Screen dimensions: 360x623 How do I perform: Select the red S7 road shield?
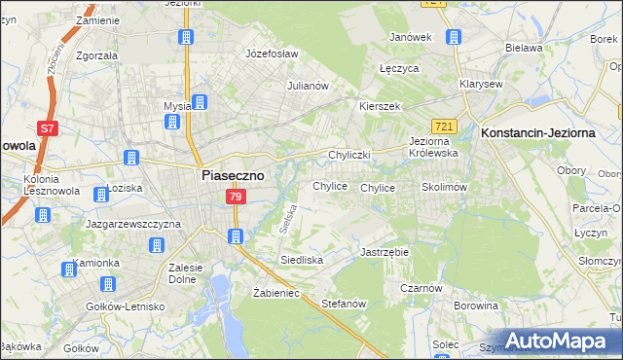coord(47,128)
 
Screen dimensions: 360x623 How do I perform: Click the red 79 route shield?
coord(235,198)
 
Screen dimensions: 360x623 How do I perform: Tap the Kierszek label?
coord(380,106)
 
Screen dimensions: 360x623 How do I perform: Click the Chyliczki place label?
coord(350,155)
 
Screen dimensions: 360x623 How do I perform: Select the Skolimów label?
coord(445,186)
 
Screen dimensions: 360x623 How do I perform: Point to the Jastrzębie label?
coord(385,251)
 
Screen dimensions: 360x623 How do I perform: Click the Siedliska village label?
coord(301,260)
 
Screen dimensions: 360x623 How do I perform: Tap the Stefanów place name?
coord(343,304)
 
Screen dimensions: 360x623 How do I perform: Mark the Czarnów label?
coord(421,288)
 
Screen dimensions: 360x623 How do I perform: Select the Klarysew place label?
coord(481,84)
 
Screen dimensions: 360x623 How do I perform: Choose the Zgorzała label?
coord(96,55)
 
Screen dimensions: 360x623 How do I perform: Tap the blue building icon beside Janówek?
coord(453,37)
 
